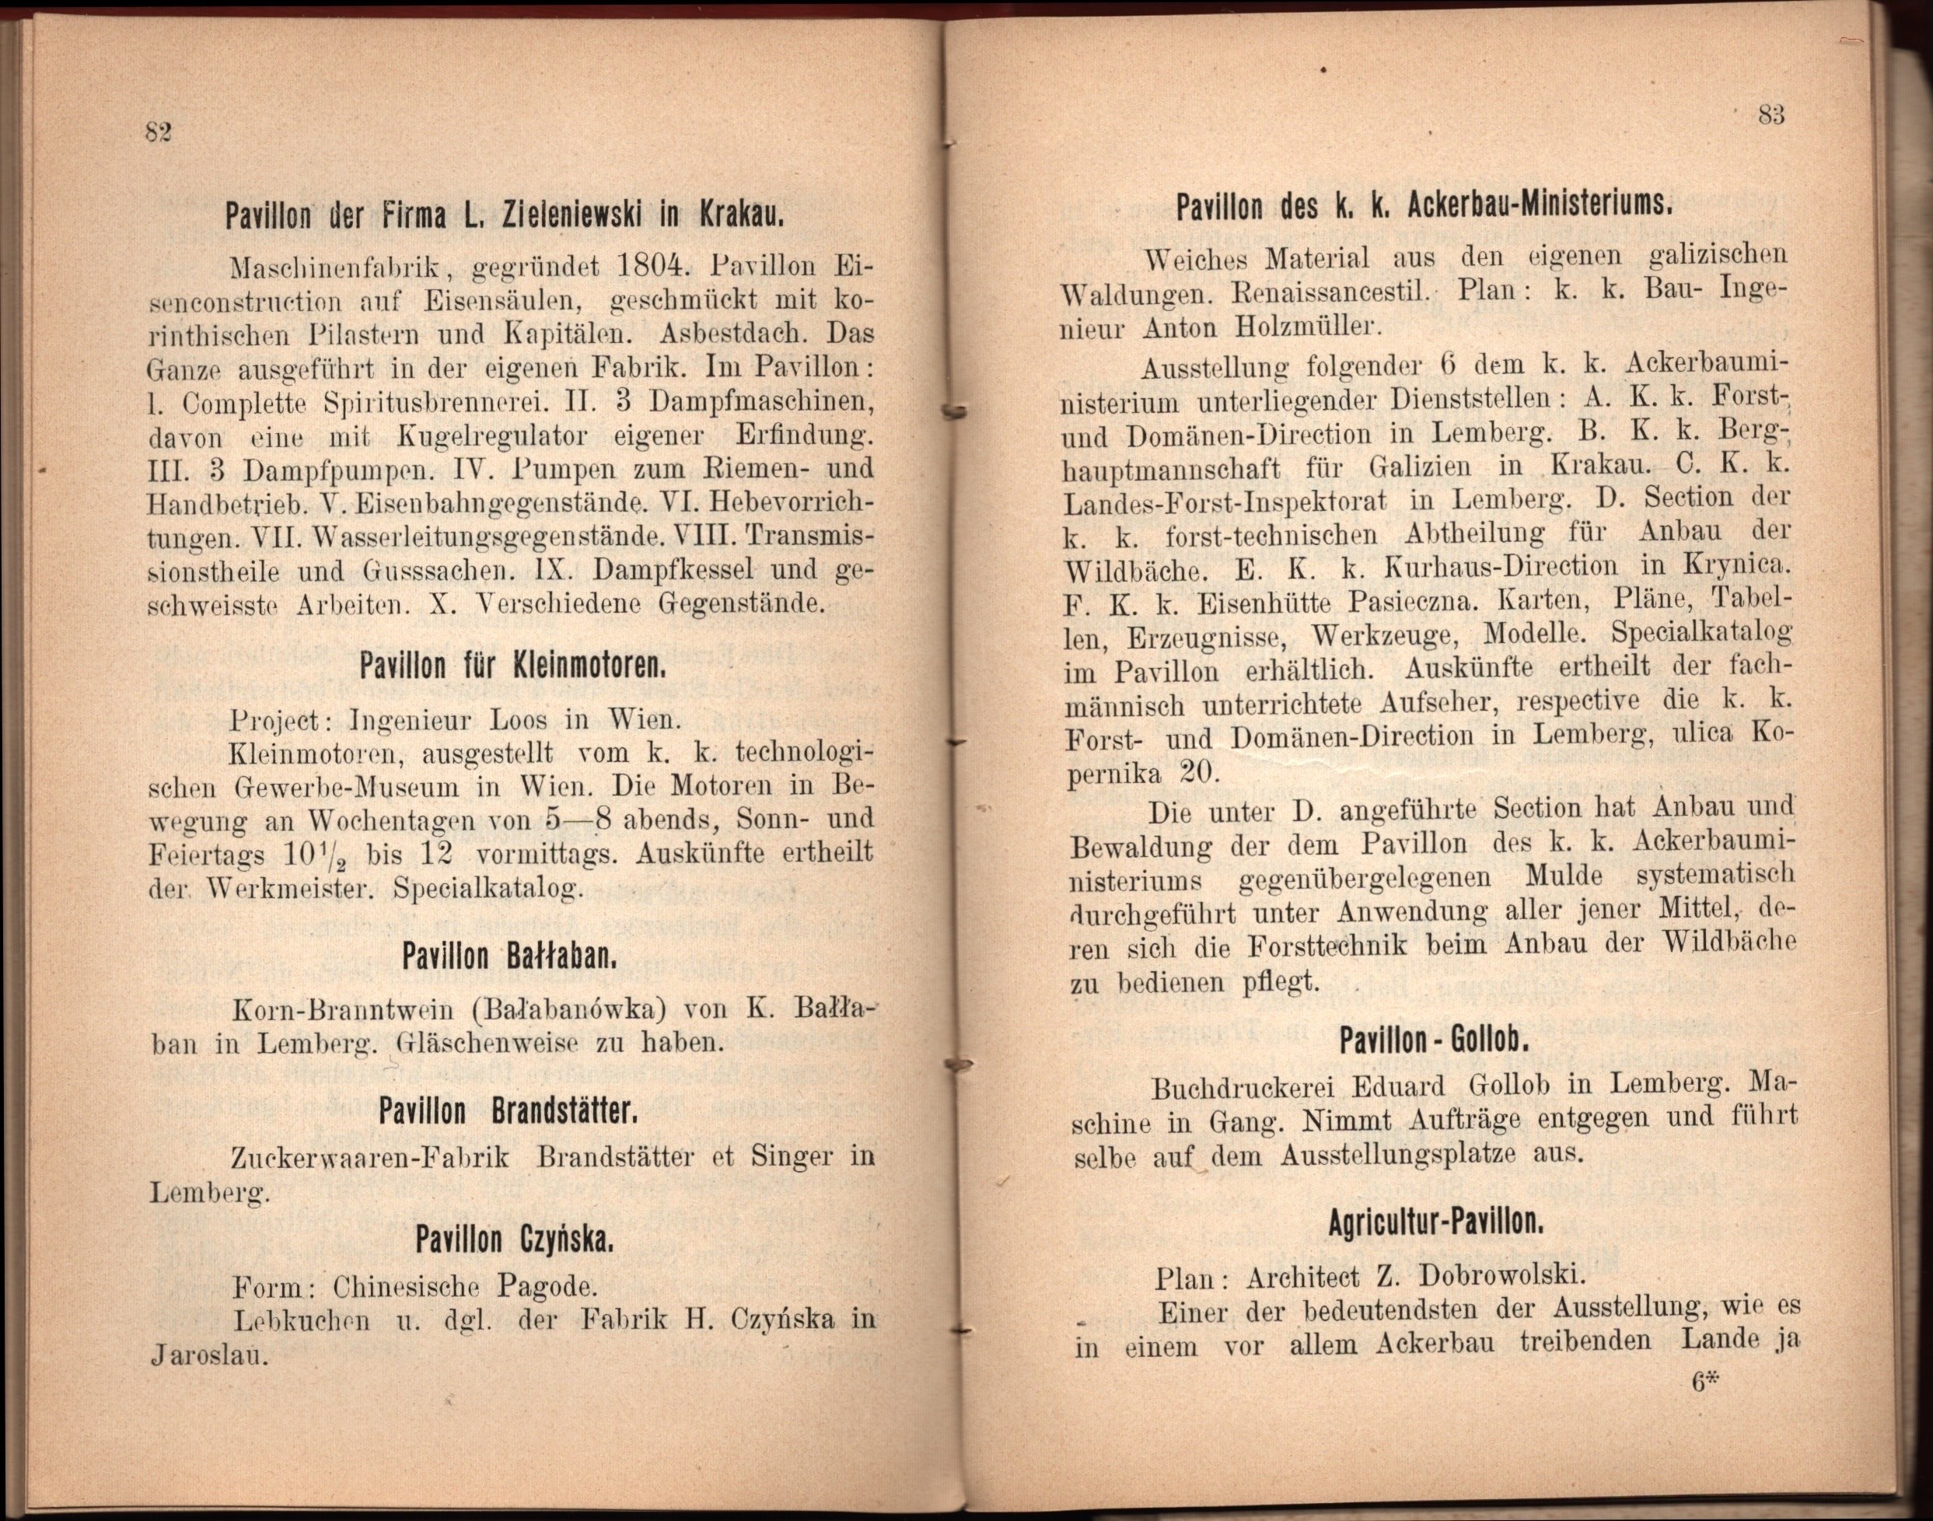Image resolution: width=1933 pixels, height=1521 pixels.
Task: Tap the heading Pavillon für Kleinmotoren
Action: [x=513, y=664]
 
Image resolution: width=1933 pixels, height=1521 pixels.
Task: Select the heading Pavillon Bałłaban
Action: [x=509, y=957]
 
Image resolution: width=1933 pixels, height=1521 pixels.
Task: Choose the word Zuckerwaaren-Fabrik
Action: [x=369, y=1159]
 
